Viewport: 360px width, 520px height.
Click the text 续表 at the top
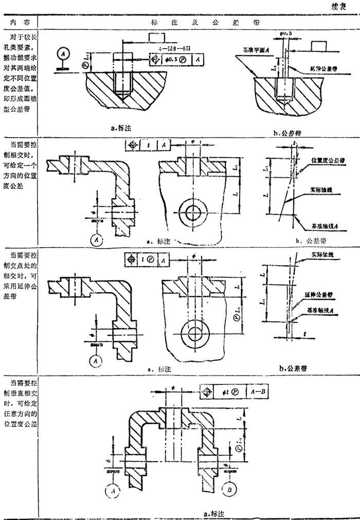pyautogui.click(x=342, y=8)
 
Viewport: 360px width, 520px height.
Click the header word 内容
pyautogui.click(x=19, y=23)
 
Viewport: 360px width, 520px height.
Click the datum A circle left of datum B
pyautogui.click(x=112, y=490)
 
